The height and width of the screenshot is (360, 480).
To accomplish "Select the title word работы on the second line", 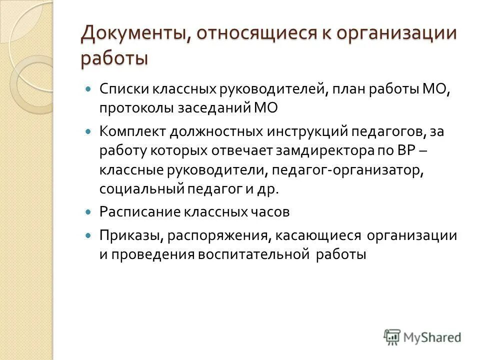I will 114,58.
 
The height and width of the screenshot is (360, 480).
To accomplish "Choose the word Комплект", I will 131,132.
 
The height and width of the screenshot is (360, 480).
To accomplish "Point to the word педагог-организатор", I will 349,170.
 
